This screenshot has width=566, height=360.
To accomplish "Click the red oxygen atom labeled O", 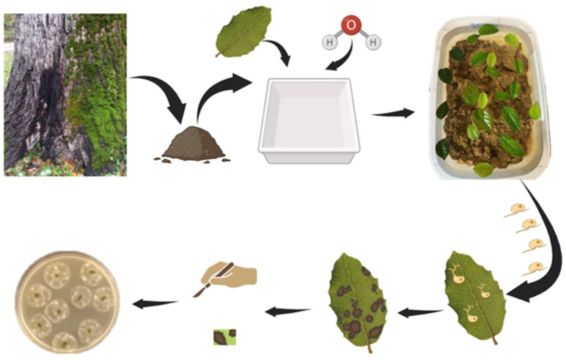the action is coord(351,24).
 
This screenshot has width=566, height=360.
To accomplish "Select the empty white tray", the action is coord(309,121).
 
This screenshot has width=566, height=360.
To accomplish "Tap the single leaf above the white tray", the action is coord(243,32).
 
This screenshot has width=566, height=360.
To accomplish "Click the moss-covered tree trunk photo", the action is coord(65,95).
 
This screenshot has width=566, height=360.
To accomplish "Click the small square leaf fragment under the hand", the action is coord(224,337).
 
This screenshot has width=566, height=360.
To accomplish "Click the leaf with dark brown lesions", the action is coord(356,303).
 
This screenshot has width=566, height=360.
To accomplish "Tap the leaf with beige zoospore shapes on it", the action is coord(474,297).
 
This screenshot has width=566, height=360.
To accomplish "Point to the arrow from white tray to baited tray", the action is coord(393,114).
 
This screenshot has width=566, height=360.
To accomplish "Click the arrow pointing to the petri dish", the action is coord(155,304).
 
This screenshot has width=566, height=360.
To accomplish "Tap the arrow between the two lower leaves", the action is coord(421,312).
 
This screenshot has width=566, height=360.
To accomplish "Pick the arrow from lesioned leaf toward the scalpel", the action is coord(287,311).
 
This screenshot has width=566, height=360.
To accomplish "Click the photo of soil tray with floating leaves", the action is coord(490,98).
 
